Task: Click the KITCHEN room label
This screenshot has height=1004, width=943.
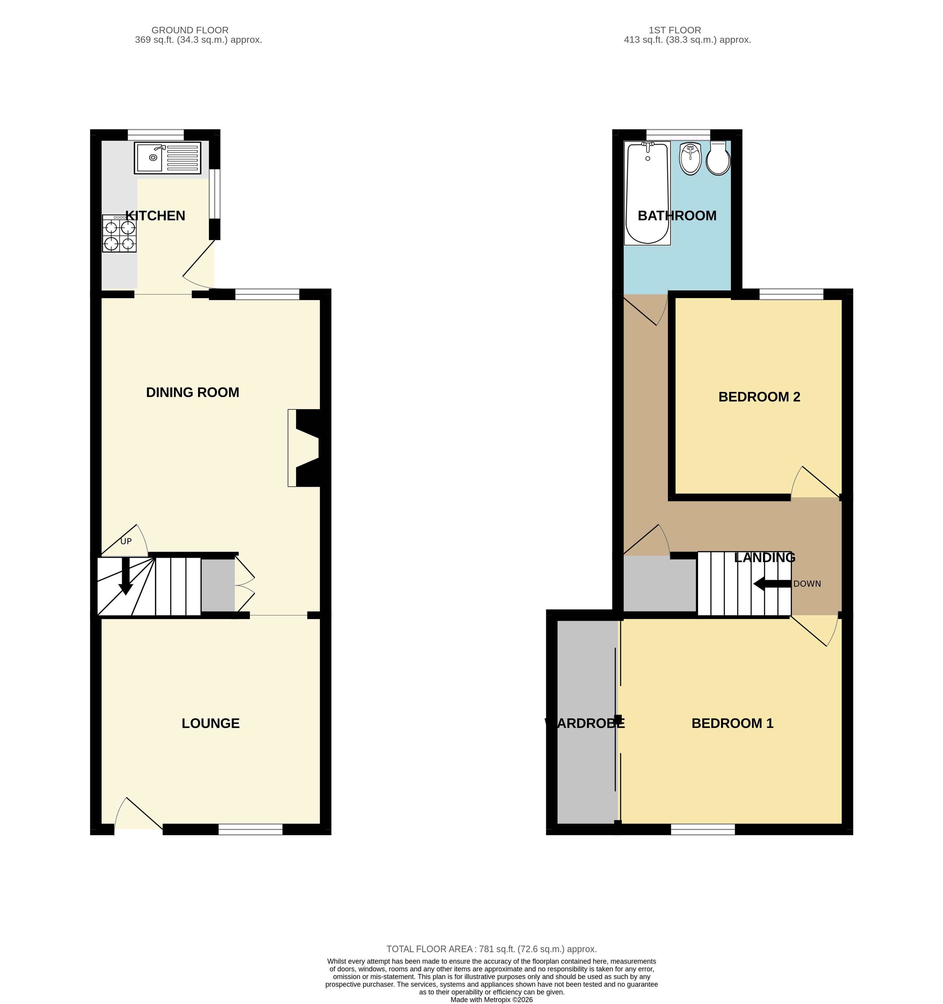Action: tap(155, 216)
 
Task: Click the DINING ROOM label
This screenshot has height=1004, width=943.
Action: tap(192, 392)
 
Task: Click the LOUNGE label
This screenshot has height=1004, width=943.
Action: tap(210, 723)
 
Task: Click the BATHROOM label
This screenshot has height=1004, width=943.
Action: tap(677, 216)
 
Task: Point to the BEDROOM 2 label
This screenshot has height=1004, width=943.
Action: tap(759, 397)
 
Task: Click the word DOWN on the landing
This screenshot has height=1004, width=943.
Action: tap(807, 584)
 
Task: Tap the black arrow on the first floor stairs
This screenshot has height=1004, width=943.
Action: tap(772, 584)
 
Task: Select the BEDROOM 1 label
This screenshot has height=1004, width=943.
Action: tap(733, 723)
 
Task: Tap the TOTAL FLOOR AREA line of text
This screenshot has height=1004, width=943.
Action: tap(492, 949)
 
